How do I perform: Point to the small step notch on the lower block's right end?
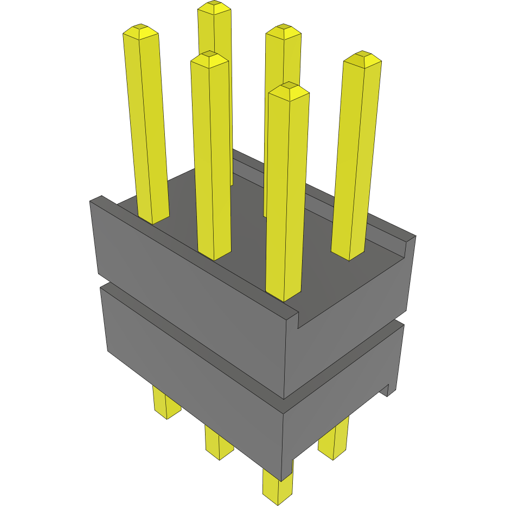coord(388,390)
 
